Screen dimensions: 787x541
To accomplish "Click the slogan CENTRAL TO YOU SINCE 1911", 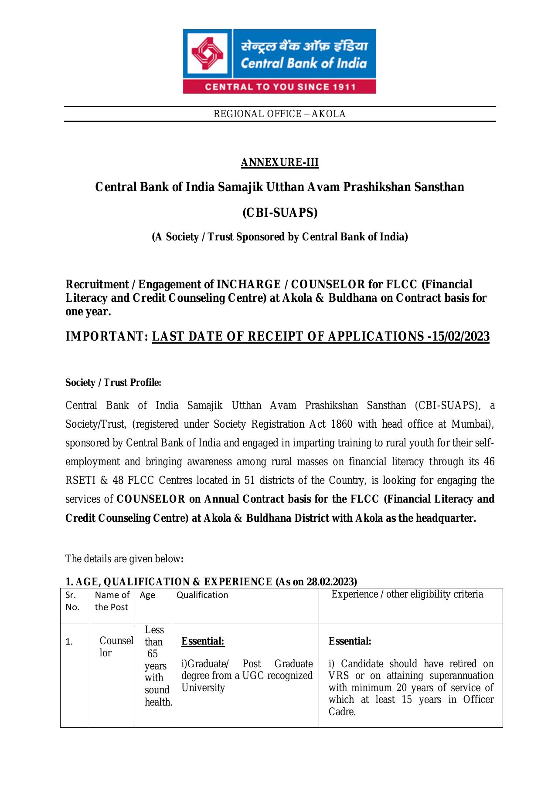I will [x=280, y=87].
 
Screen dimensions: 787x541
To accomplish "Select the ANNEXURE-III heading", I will [x=280, y=162].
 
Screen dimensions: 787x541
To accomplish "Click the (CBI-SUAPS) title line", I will [x=280, y=213].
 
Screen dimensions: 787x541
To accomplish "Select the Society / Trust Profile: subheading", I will [x=113, y=383].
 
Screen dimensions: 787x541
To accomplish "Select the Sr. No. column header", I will [x=72, y=601].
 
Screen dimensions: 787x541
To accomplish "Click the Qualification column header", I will [x=202, y=595].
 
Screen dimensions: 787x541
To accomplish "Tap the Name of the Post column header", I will [x=112, y=601].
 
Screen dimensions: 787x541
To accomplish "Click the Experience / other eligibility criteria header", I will [x=407, y=594].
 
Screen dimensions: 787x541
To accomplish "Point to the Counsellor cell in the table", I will [x=116, y=647].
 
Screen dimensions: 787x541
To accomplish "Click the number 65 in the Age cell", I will [x=153, y=654].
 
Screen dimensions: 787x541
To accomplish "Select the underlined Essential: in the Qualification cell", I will [x=203, y=641].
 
